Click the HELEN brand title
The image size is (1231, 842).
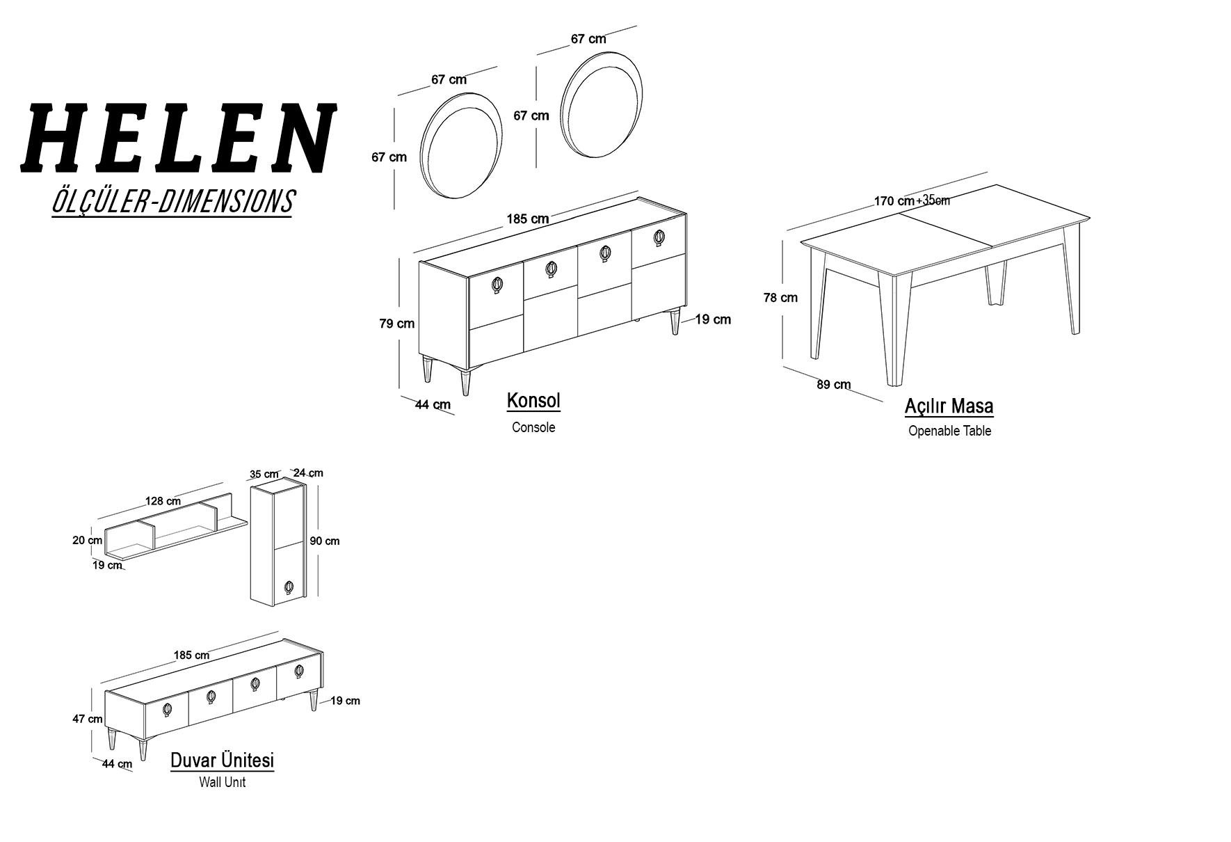pyautogui.click(x=178, y=138)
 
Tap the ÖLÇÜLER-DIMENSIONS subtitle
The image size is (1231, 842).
pyautogui.click(x=172, y=201)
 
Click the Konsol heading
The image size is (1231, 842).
pyautogui.click(x=533, y=401)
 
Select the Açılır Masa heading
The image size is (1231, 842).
pyautogui.click(x=949, y=406)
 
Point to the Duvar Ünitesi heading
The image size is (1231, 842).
pyautogui.click(x=222, y=760)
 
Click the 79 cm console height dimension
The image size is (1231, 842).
pyautogui.click(x=396, y=323)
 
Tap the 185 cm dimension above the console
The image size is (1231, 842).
pyautogui.click(x=527, y=219)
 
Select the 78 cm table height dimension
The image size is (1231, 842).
pyautogui.click(x=780, y=297)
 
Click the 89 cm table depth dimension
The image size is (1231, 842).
pyautogui.click(x=833, y=384)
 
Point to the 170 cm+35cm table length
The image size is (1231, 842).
pyautogui.click(x=912, y=200)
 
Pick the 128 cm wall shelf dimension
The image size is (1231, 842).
pyautogui.click(x=163, y=501)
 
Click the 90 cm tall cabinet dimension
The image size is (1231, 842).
pyautogui.click(x=325, y=541)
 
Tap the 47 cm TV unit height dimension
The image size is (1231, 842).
pyautogui.click(x=88, y=719)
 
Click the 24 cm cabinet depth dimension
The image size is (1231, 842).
pyautogui.click(x=308, y=472)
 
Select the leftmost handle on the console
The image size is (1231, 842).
pyautogui.click(x=497, y=284)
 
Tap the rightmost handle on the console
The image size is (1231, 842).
pyautogui.click(x=659, y=237)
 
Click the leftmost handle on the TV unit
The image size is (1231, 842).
pyautogui.click(x=167, y=709)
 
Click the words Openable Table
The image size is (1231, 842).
pyautogui.click(x=949, y=431)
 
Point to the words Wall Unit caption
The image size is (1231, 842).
pyautogui.click(x=222, y=782)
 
